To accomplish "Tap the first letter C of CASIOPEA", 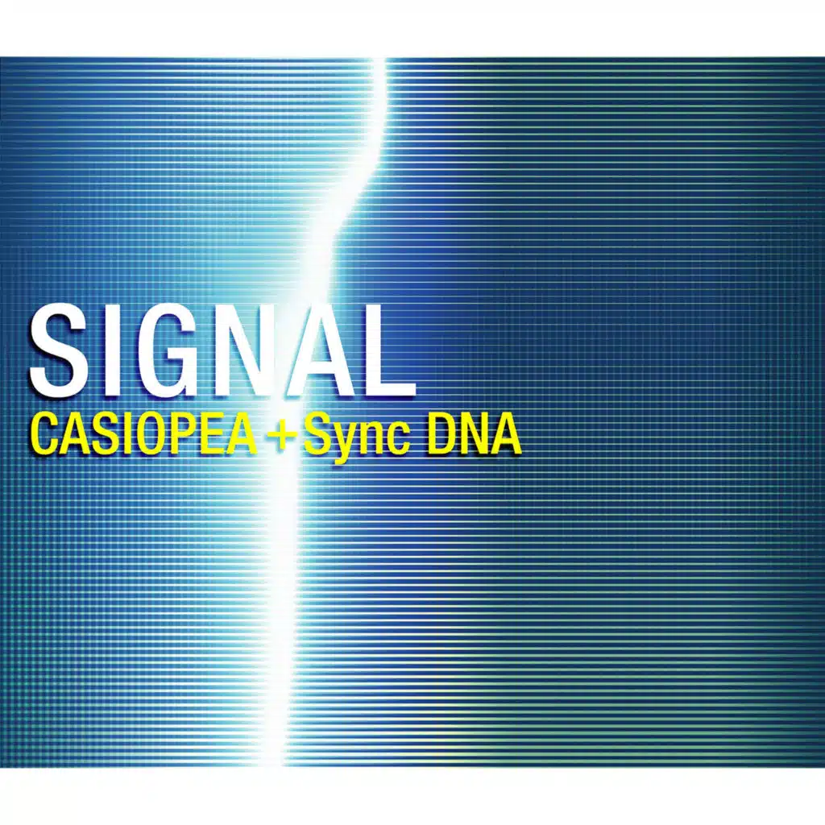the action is pos(49,436).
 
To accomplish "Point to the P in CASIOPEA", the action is pos(199,436).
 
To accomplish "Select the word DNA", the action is pos(474,436).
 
